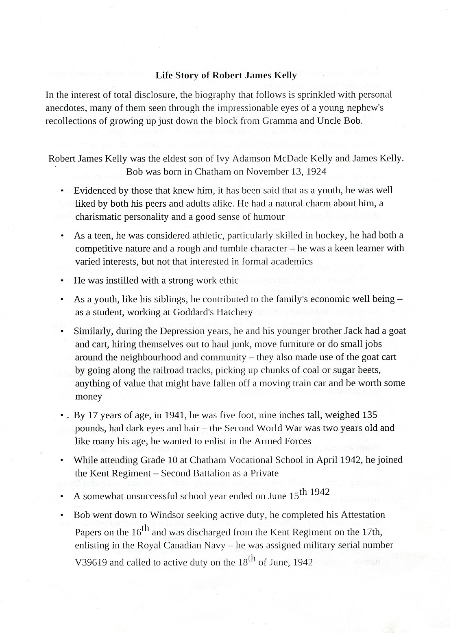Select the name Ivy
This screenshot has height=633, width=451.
tap(224, 159)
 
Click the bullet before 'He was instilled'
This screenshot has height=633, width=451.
tap(62, 281)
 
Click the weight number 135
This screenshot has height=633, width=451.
tap(370, 415)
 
